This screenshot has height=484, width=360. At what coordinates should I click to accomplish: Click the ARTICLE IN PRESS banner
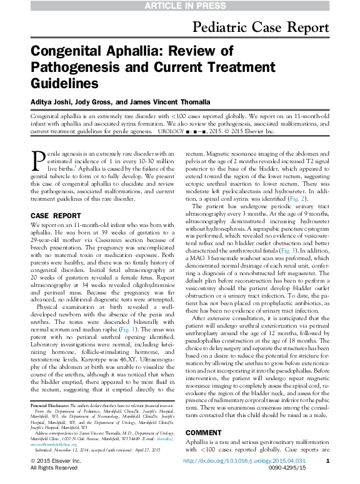(180, 6)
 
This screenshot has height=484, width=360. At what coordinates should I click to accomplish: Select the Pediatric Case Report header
(261, 28)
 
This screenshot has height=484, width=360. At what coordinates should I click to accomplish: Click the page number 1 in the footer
(327, 461)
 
